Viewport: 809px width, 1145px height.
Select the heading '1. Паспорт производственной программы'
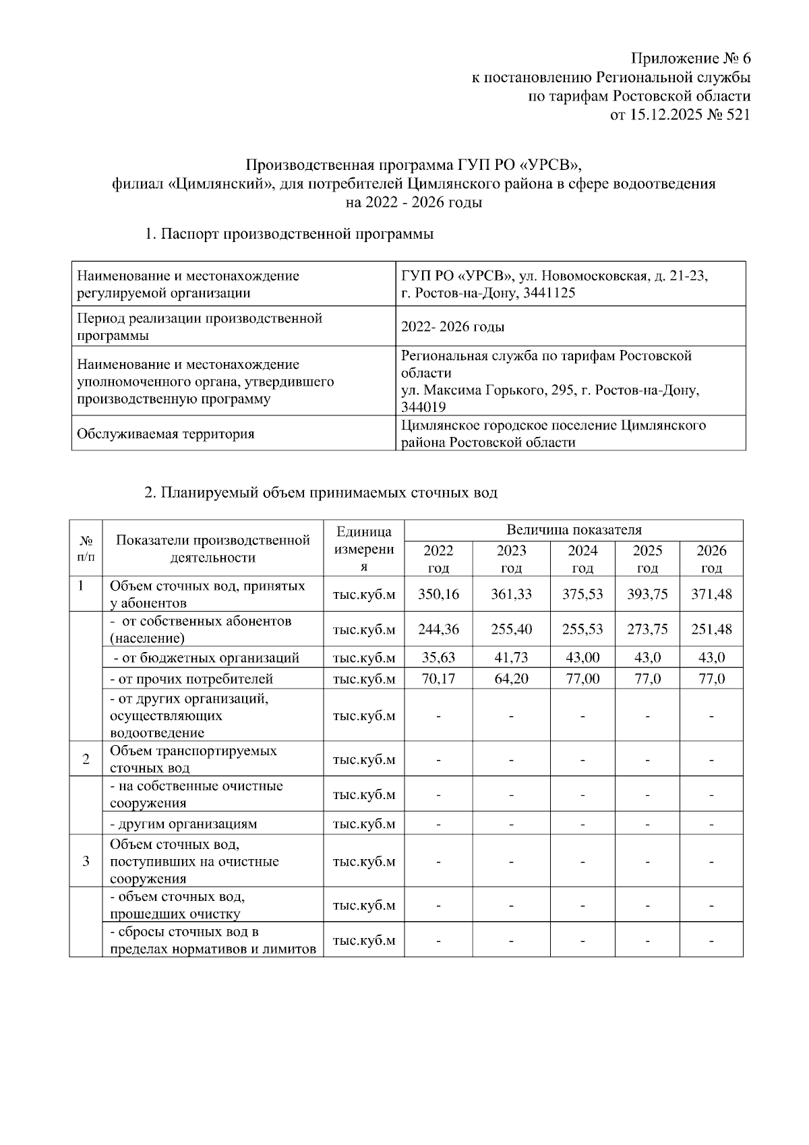click(289, 235)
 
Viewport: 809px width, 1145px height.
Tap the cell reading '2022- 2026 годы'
click(452, 327)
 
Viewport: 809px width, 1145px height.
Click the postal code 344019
click(423, 407)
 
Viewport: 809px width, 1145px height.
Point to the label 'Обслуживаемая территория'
click(166, 434)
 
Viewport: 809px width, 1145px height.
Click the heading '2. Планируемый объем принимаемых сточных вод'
click(321, 493)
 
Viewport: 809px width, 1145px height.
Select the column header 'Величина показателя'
click(573, 530)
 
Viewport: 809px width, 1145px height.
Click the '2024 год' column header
click(582, 558)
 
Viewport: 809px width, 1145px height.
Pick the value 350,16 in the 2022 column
click(438, 594)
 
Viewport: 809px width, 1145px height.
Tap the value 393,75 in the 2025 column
click(647, 594)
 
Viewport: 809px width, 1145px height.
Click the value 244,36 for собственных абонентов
click(438, 629)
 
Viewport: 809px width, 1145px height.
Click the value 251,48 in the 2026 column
click(711, 629)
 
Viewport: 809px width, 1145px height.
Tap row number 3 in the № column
click(86, 861)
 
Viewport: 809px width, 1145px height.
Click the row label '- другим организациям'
click(183, 824)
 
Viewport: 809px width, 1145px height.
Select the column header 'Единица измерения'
click(363, 548)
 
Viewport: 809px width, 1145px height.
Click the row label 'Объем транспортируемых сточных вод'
click(193, 759)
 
